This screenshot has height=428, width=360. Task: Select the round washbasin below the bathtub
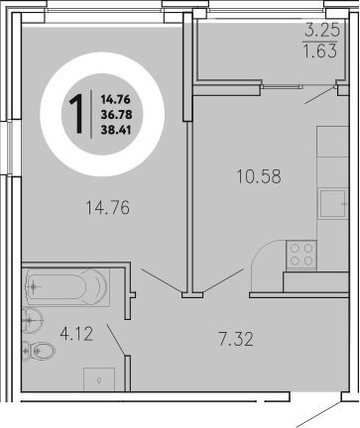pyautogui.click(x=33, y=317)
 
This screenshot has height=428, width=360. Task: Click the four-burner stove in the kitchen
pyautogui.click(x=300, y=256)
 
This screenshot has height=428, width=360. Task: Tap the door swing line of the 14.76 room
pyautogui.click(x=160, y=279)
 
